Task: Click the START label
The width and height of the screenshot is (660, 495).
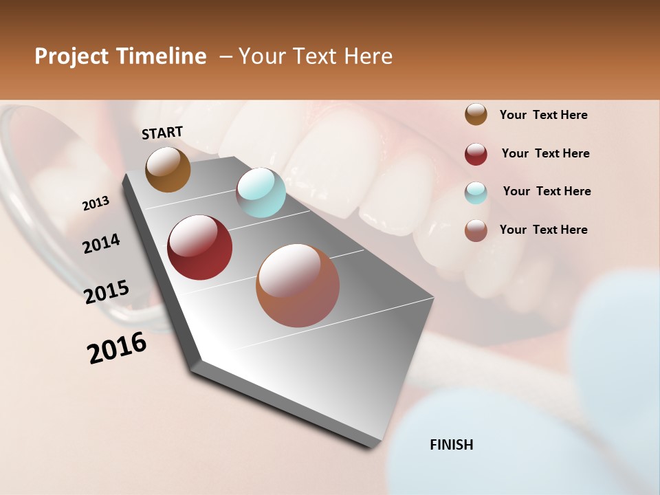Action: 162,133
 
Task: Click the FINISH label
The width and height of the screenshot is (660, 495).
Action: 451,445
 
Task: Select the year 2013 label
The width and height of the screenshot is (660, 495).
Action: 96,203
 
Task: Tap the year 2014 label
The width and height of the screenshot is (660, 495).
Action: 101,243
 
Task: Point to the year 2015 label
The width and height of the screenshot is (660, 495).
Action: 107,292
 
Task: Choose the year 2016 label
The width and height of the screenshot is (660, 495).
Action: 117,348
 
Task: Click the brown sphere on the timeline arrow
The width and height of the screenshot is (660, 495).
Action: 168,169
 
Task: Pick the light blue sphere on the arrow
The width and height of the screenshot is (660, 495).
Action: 261,192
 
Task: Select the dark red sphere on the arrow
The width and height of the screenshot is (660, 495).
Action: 199,247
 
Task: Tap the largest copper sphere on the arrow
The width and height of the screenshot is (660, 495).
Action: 297,285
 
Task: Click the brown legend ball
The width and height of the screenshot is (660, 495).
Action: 476,115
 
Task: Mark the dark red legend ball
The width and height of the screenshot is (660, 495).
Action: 476,154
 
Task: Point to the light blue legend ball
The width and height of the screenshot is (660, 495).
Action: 476,192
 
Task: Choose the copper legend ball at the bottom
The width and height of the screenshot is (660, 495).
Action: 476,230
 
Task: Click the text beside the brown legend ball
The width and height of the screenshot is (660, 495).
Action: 543,115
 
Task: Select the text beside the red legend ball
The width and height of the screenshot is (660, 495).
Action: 545,153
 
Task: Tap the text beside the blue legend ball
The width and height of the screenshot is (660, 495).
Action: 547,191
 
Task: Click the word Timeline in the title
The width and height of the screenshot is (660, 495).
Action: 162,57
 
